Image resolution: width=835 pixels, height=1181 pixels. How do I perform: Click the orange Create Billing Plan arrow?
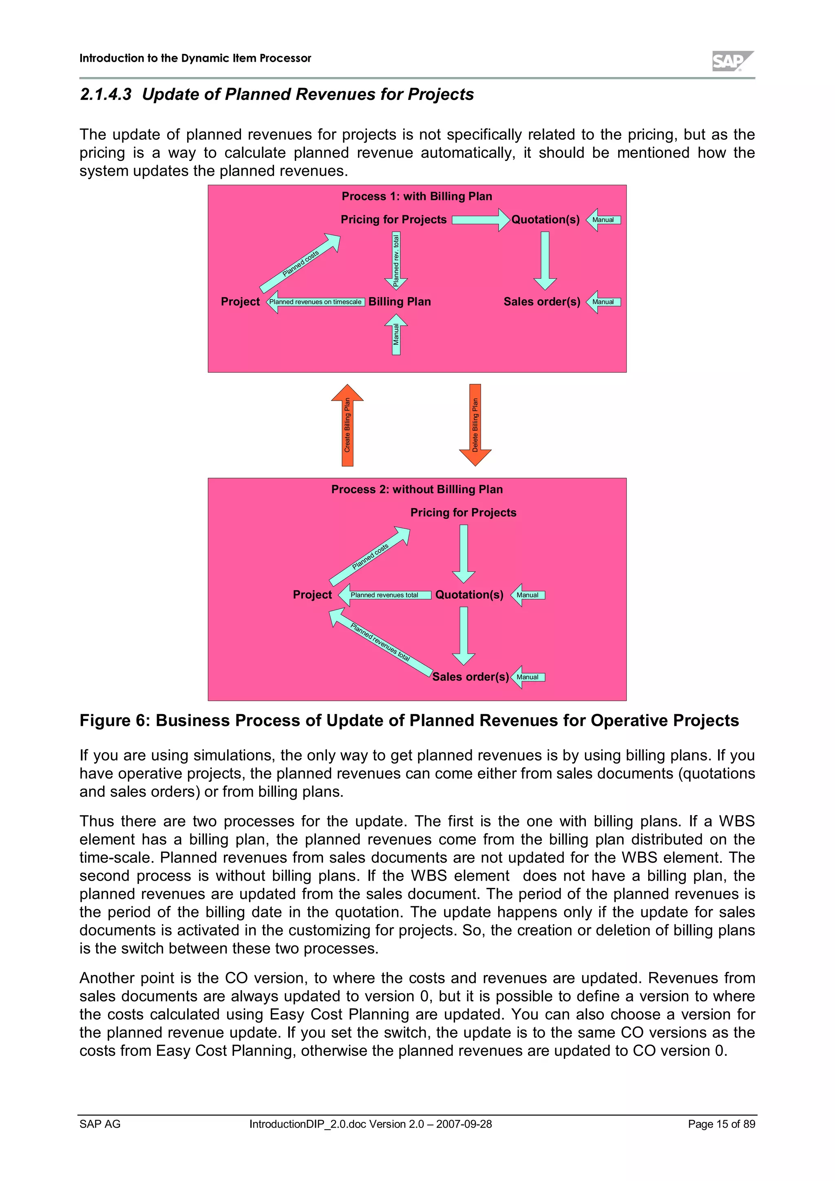click(x=347, y=426)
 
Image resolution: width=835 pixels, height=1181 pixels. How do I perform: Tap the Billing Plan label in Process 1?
click(x=399, y=302)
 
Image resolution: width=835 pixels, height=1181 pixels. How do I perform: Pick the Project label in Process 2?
click(x=312, y=595)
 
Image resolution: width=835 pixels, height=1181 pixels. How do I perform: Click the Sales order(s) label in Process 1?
click(x=541, y=302)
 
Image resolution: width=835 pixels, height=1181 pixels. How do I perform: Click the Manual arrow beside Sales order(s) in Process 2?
click(x=528, y=677)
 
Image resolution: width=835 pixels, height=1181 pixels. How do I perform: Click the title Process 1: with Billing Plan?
click(x=417, y=196)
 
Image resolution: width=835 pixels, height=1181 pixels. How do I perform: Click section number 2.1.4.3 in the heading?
click(x=106, y=95)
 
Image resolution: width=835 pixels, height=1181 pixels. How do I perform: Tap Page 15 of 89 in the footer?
click(x=721, y=1124)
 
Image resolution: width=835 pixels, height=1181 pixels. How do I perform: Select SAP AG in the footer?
click(x=100, y=1124)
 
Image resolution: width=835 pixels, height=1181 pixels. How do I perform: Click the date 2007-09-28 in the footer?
click(x=464, y=1124)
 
